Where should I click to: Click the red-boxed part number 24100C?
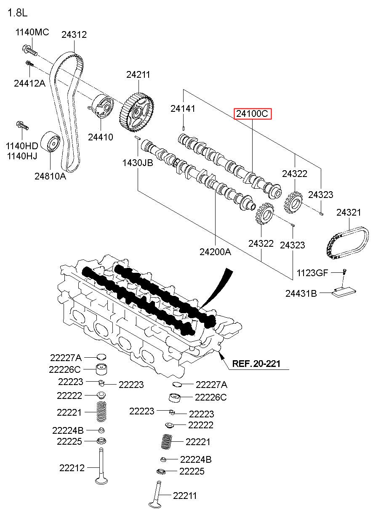[x=253, y=113]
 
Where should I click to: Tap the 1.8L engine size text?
[x=18, y=13]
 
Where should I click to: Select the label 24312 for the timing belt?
[x=74, y=34]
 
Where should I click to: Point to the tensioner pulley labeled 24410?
[x=101, y=106]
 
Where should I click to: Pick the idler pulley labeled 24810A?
[x=50, y=142]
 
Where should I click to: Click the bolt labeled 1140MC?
[x=29, y=51]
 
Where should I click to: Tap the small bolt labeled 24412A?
[x=30, y=63]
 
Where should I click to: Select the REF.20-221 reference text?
[x=256, y=364]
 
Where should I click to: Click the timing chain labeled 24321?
[x=347, y=243]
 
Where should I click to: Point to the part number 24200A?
[x=215, y=252]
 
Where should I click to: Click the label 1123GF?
[x=312, y=273]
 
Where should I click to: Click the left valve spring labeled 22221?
[x=101, y=412]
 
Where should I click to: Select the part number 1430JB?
[x=138, y=163]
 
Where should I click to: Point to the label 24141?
[x=183, y=108]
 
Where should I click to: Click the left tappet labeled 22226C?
[x=101, y=369]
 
